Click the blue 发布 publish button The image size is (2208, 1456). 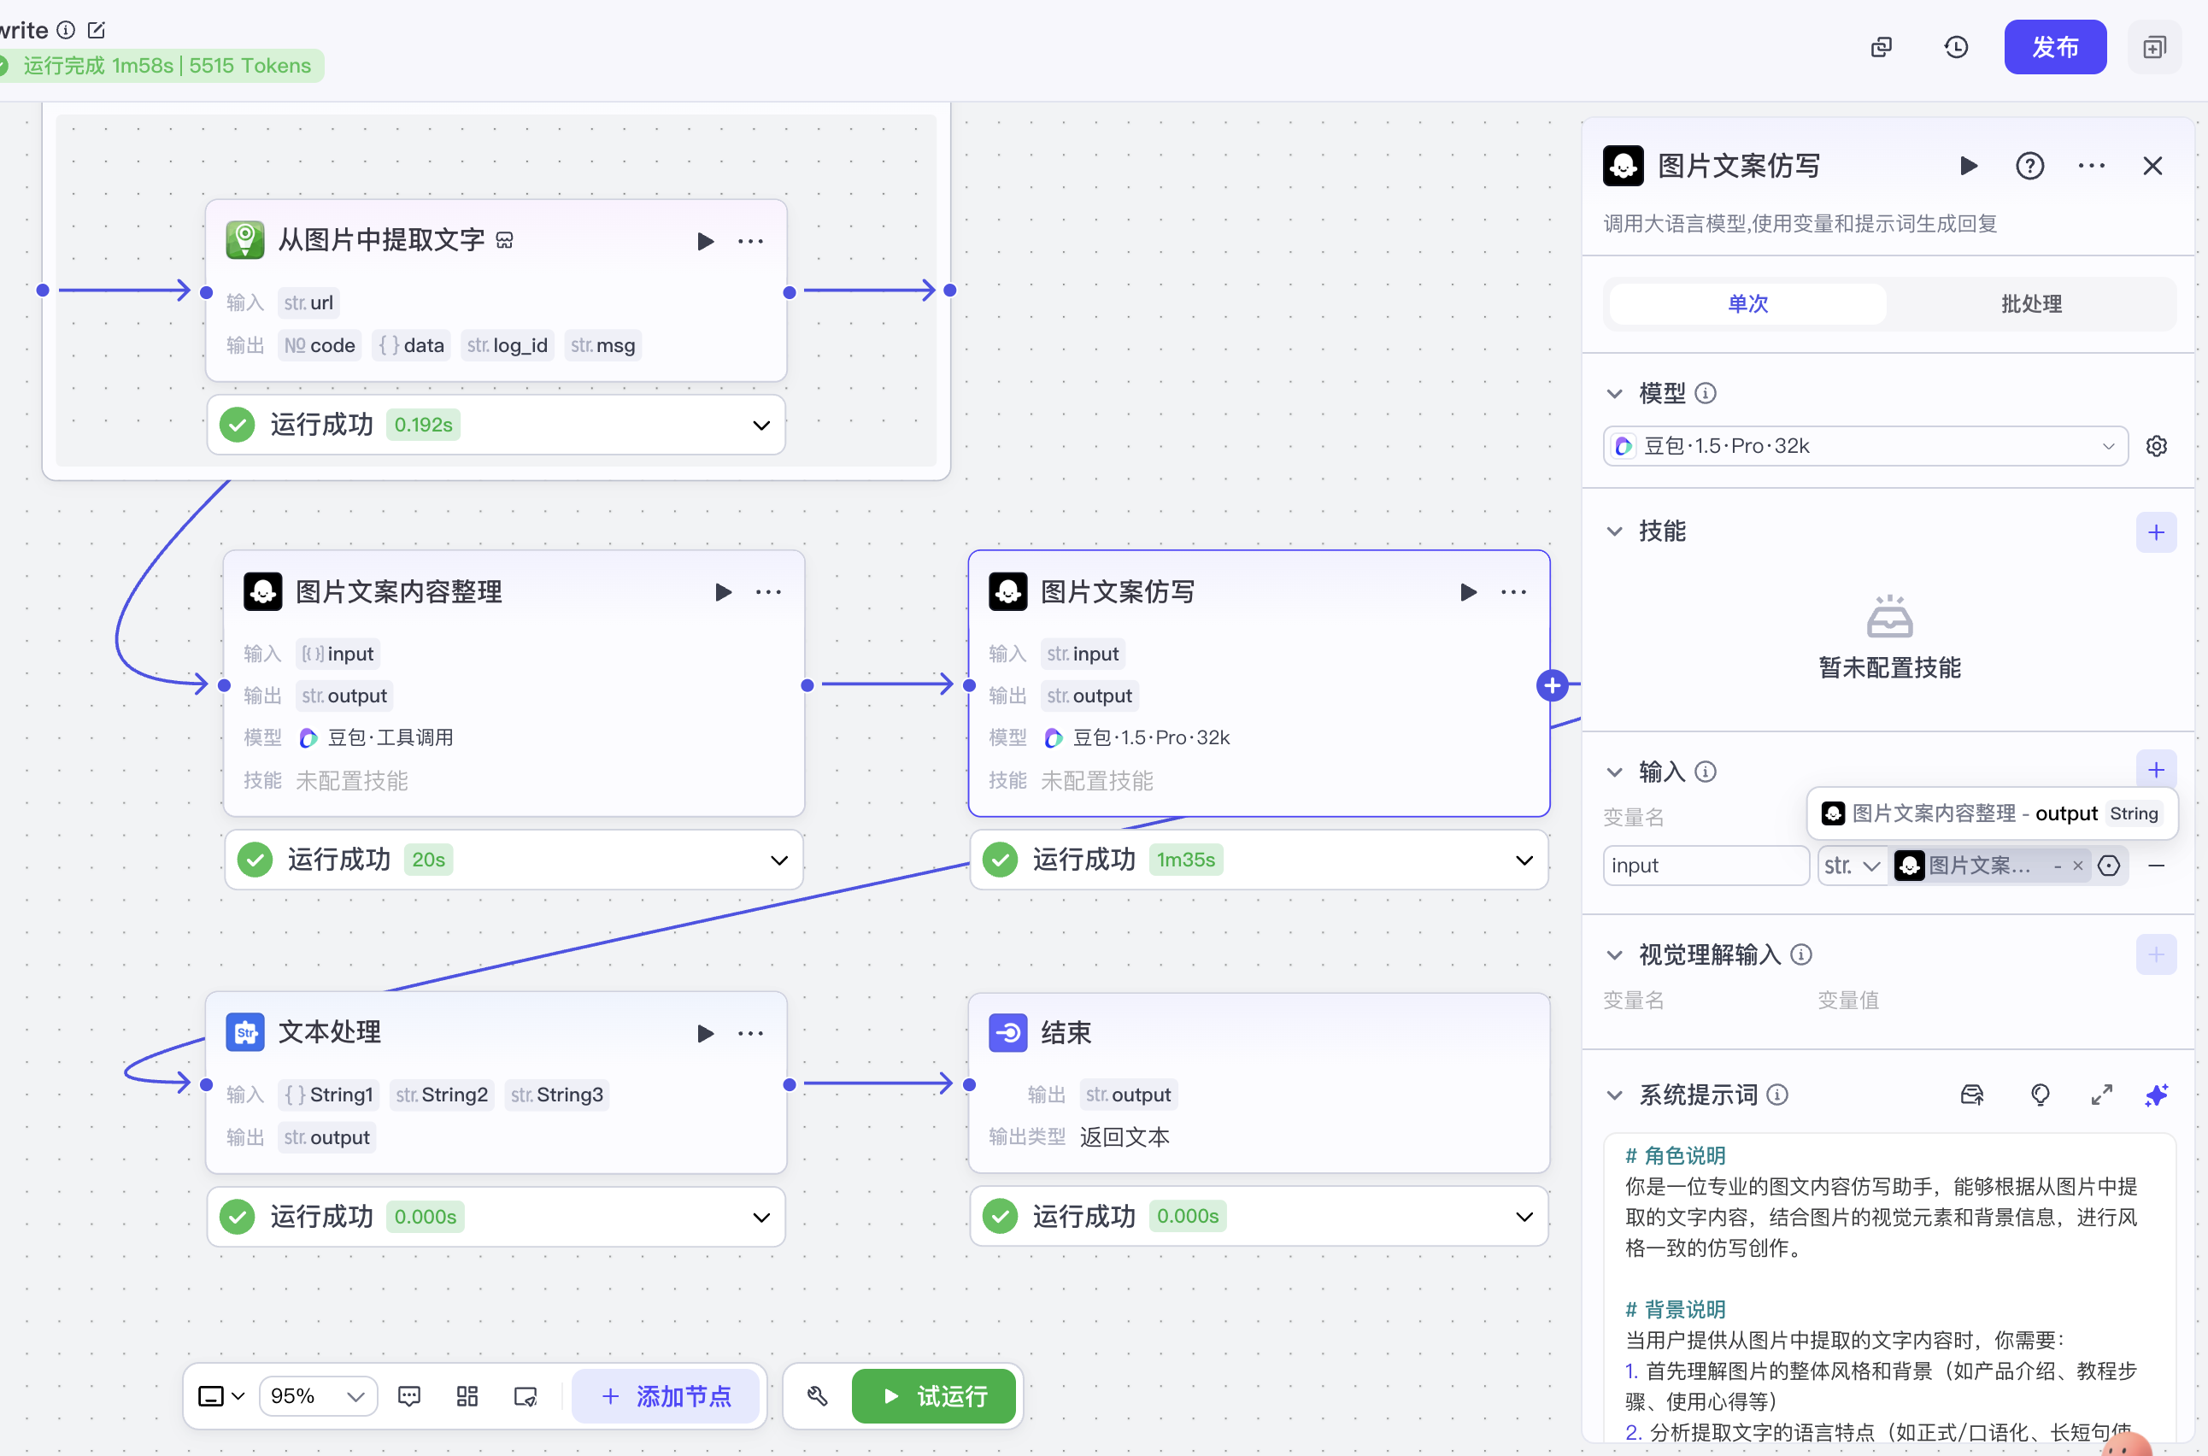coord(2054,46)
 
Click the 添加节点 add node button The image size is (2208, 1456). coord(666,1395)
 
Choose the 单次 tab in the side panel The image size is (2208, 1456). coord(1747,303)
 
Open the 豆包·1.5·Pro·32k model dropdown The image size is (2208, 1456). coord(1864,446)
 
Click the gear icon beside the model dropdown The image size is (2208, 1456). coord(2156,447)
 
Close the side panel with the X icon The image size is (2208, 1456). coord(2152,167)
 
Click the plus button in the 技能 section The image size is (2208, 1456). coord(2156,532)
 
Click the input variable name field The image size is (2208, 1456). coord(1706,866)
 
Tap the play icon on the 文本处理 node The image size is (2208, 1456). coord(706,1032)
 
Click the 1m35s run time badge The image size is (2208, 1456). coord(1186,860)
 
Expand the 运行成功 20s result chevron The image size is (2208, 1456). coord(779,860)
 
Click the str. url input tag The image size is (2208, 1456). coord(308,302)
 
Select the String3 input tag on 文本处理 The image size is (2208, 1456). coord(557,1095)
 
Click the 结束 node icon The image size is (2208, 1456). coord(1007,1032)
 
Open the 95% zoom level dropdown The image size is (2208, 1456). coord(318,1395)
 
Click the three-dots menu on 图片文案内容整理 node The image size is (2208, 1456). coord(768,592)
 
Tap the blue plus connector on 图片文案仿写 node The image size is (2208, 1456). coord(1552,685)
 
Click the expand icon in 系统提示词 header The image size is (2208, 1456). coord(2101,1095)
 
